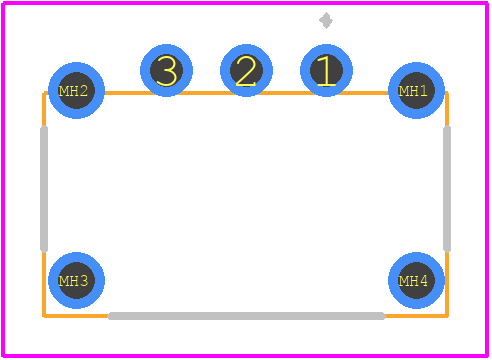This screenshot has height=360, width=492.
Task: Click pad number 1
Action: click(x=326, y=70)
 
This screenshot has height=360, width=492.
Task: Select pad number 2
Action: click(x=246, y=70)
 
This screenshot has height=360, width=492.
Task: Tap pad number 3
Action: click(x=166, y=70)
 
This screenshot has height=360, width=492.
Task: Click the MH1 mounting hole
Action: click(x=416, y=90)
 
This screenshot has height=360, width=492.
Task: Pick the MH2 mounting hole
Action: click(x=76, y=90)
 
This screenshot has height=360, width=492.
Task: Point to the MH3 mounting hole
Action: click(x=76, y=280)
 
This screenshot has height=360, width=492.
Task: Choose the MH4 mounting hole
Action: click(x=416, y=280)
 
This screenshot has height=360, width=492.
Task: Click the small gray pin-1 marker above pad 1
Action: click(x=326, y=21)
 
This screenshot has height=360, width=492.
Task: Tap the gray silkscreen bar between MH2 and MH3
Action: click(x=44, y=189)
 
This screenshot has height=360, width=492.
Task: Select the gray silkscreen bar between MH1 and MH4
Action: click(x=447, y=189)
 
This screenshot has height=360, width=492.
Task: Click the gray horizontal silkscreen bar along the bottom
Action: click(x=247, y=316)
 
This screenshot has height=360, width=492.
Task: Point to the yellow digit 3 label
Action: click(x=166, y=71)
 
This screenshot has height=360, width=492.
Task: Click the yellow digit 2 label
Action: click(x=246, y=71)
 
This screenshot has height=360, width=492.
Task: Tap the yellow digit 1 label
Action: click(x=326, y=71)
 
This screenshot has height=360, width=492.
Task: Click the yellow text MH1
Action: click(x=413, y=91)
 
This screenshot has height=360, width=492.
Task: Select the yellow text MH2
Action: click(x=73, y=91)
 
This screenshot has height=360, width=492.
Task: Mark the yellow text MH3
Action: click(x=73, y=281)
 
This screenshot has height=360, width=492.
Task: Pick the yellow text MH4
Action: click(x=413, y=281)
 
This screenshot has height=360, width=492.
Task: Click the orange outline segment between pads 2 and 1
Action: click(x=286, y=93)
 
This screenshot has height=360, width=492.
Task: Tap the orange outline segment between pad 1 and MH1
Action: click(x=370, y=93)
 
